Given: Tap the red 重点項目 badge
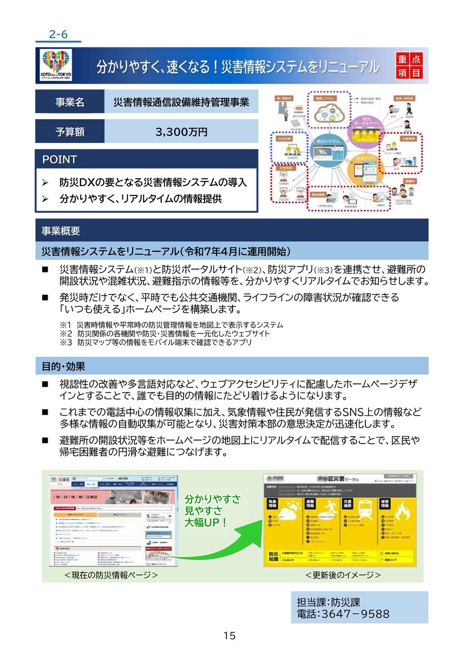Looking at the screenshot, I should point(409,66).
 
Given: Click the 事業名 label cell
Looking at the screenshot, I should point(69,102).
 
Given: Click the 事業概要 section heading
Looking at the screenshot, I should point(61,231).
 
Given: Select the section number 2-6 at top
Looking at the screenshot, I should point(58,34).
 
